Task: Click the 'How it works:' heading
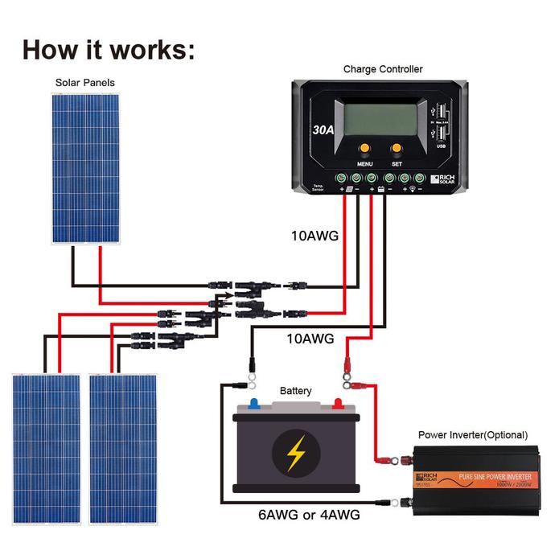109,48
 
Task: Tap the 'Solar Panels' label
84,83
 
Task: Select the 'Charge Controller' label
382,69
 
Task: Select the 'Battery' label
295,391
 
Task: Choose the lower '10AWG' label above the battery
311,339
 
